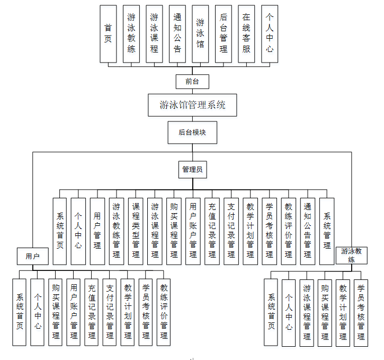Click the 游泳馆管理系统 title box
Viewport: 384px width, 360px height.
[x=192, y=105]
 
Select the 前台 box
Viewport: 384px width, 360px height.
[x=192, y=81]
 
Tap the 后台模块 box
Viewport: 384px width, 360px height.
[x=192, y=133]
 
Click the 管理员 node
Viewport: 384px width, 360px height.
[x=192, y=170]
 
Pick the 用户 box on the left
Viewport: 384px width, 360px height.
[x=32, y=256]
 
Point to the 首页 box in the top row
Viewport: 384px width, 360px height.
[x=108, y=34]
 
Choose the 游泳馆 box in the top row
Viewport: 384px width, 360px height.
[x=200, y=34]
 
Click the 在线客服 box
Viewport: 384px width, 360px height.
[x=246, y=34]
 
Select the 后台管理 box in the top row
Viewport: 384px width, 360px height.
[x=224, y=34]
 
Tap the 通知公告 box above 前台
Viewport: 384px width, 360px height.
[x=177, y=34]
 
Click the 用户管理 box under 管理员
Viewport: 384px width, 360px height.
[x=97, y=231]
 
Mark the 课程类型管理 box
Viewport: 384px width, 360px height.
[x=136, y=231]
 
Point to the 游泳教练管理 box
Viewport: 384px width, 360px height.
[x=117, y=231]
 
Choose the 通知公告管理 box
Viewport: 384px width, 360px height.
[x=307, y=231]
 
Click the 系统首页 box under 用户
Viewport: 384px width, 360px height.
[x=20, y=312]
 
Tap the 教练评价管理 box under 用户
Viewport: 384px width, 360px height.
[x=164, y=312]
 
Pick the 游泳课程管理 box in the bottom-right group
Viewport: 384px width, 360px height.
[x=307, y=312]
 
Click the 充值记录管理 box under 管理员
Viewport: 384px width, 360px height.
[x=212, y=231]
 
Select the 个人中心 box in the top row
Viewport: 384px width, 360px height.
[x=270, y=34]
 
